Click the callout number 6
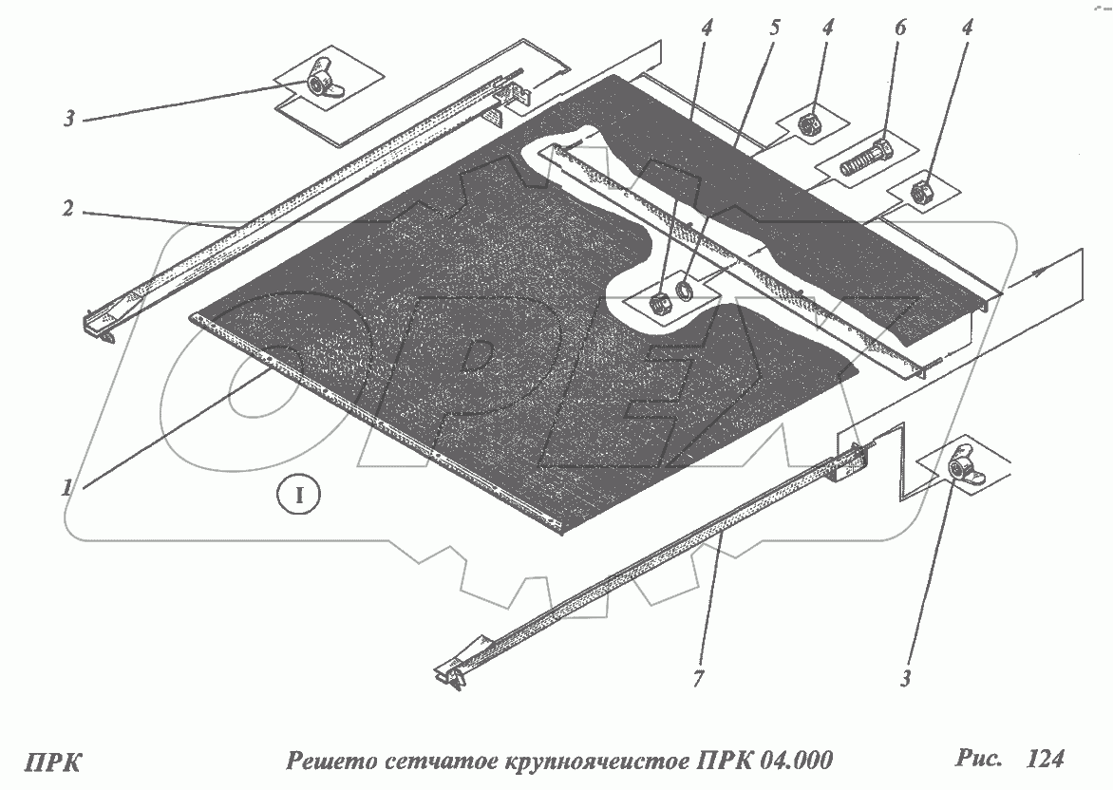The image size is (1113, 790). coord(900,29)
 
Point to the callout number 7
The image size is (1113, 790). coord(699,679)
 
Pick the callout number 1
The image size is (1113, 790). coord(66,488)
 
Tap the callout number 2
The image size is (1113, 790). coord(68,209)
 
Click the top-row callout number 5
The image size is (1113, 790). coord(774,28)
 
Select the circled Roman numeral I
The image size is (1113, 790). coord(299,494)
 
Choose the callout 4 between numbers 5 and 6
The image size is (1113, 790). coord(828,28)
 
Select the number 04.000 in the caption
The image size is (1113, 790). coord(795,761)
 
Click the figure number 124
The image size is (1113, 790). coord(1046,759)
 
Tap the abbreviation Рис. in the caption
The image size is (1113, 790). coord(977,758)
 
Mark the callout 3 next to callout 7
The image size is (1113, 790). coord(906,679)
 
